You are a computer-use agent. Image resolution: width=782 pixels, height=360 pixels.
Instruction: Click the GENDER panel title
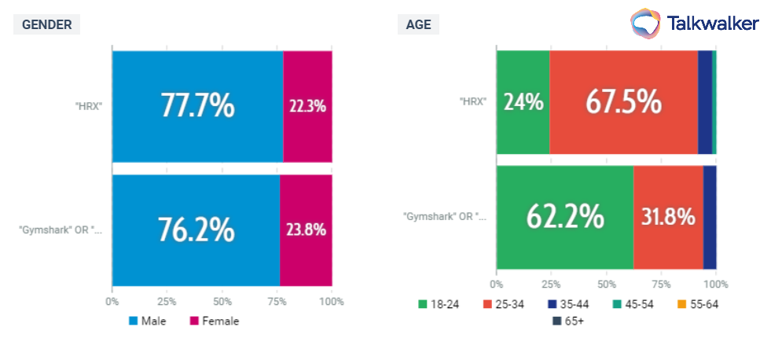coord(46,24)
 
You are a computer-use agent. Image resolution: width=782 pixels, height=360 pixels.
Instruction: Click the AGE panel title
coord(418,24)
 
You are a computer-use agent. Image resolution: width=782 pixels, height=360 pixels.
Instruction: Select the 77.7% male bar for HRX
coord(197,105)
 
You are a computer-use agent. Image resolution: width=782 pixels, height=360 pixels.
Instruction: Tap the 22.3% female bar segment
coord(307,105)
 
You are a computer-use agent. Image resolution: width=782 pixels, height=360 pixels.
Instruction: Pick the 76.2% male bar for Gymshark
coord(196,230)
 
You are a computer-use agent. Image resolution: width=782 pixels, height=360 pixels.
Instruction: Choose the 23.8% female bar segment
coord(306,230)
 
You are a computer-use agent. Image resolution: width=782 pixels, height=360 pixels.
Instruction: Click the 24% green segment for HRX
coord(523,101)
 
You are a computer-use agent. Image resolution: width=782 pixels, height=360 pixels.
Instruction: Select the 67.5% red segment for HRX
coord(624,101)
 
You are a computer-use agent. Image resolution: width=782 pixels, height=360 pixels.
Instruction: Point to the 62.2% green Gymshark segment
coord(565,217)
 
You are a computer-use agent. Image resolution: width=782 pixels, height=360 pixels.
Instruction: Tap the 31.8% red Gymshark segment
coord(668,217)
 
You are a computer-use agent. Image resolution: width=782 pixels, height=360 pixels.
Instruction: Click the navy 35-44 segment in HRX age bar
coord(705,101)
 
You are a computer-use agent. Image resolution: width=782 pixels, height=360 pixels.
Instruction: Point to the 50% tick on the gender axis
coord(222,301)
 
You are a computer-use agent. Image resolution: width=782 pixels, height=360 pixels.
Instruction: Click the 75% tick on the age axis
coord(662,284)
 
